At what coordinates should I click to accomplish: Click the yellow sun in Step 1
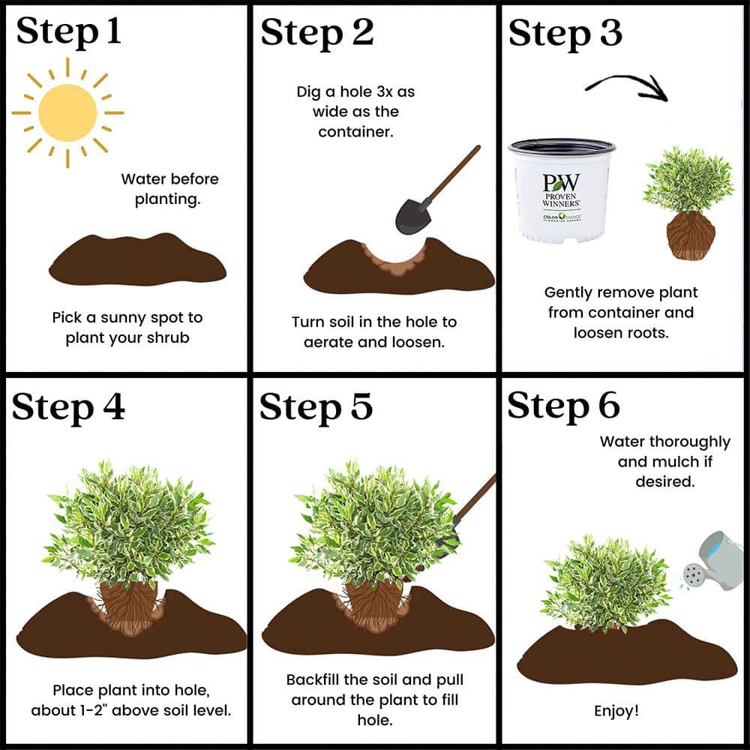pos(67,113)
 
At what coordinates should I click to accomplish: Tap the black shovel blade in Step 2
pos(412,216)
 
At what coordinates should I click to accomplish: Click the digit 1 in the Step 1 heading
pos(113,31)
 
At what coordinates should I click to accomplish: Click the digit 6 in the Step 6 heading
pos(609,405)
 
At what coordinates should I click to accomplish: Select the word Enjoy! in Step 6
pos(616,711)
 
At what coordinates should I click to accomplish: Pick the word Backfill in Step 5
pos(312,679)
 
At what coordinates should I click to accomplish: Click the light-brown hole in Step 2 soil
pos(394,261)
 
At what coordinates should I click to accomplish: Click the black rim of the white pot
pos(562,146)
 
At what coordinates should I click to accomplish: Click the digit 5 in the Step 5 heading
pos(361,406)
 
